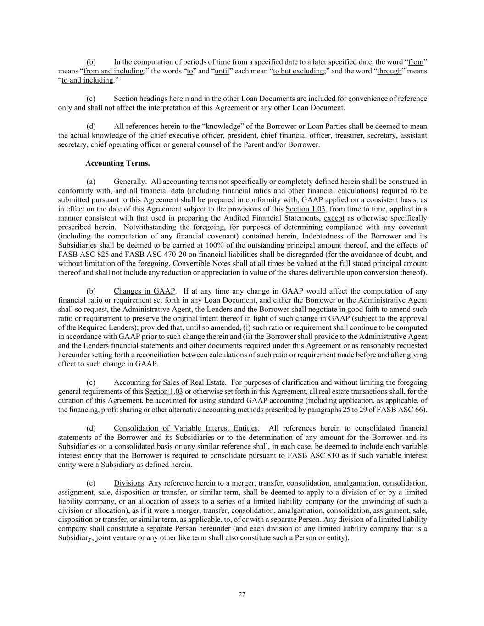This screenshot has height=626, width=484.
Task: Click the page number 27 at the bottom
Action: pos(242,594)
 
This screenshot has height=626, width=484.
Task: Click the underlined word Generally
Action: pos(129,181)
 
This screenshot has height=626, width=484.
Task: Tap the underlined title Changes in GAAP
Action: pos(144,291)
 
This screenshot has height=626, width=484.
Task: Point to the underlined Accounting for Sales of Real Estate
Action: pos(169,382)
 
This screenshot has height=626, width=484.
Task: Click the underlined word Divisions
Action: pos(129,483)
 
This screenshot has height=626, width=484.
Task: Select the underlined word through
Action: pos(389,71)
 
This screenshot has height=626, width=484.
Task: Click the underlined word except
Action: pos(334,218)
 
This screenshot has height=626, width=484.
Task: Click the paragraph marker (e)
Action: pos(91,483)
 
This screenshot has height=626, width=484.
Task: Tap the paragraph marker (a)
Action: pos(91,181)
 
